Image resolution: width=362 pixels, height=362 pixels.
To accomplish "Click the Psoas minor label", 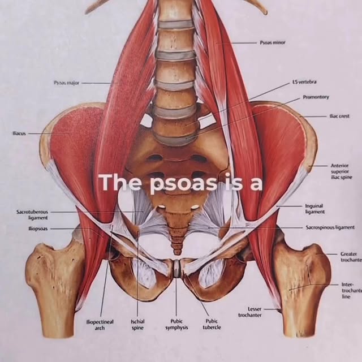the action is (273, 42).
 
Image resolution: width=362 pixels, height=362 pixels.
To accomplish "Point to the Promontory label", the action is (315, 97).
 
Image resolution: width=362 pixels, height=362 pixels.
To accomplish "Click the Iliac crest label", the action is (339, 116).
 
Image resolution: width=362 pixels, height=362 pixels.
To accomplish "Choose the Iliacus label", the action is (19, 133).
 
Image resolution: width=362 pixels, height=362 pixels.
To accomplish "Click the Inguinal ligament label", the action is (314, 209).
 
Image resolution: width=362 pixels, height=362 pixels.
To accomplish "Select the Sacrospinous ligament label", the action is (330, 227).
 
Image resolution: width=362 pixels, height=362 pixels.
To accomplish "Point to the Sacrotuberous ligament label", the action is (32, 214).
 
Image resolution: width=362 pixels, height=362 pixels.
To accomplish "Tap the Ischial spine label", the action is (137, 324).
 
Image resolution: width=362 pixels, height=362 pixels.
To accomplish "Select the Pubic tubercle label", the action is (212, 324).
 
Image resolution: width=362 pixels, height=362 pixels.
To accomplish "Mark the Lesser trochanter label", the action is (249, 312).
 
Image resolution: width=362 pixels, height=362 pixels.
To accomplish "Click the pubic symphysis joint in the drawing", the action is (177, 269).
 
